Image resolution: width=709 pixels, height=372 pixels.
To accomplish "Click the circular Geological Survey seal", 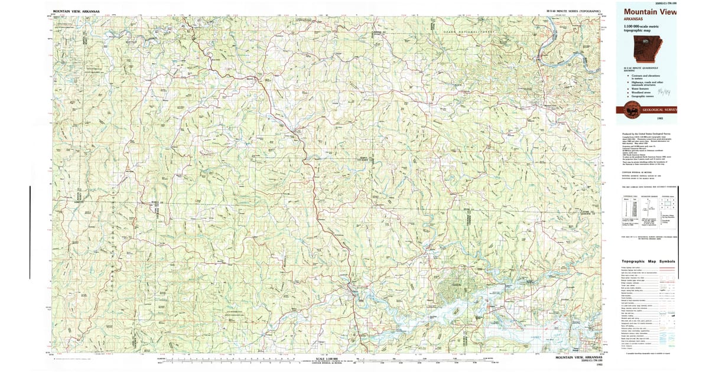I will click(631, 110).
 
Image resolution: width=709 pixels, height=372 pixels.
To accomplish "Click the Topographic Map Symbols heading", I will click(648, 262).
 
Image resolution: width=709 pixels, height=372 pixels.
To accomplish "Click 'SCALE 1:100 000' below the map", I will click(327, 358).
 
